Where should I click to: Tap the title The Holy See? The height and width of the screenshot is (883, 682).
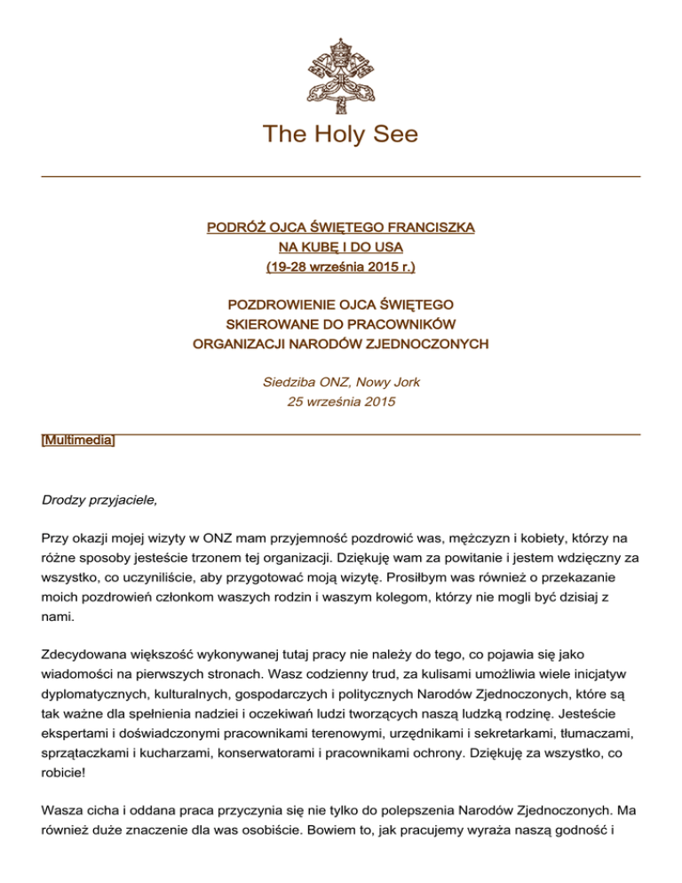pos(341,134)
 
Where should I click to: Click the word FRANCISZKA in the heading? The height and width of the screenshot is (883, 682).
pos(428,228)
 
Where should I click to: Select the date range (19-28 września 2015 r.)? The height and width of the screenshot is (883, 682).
pos(341,266)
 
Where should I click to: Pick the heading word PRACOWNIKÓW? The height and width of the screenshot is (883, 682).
pos(407,322)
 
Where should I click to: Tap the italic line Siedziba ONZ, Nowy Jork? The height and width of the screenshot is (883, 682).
pos(341,383)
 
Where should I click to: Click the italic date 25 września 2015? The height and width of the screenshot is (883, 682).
pos(341,402)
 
